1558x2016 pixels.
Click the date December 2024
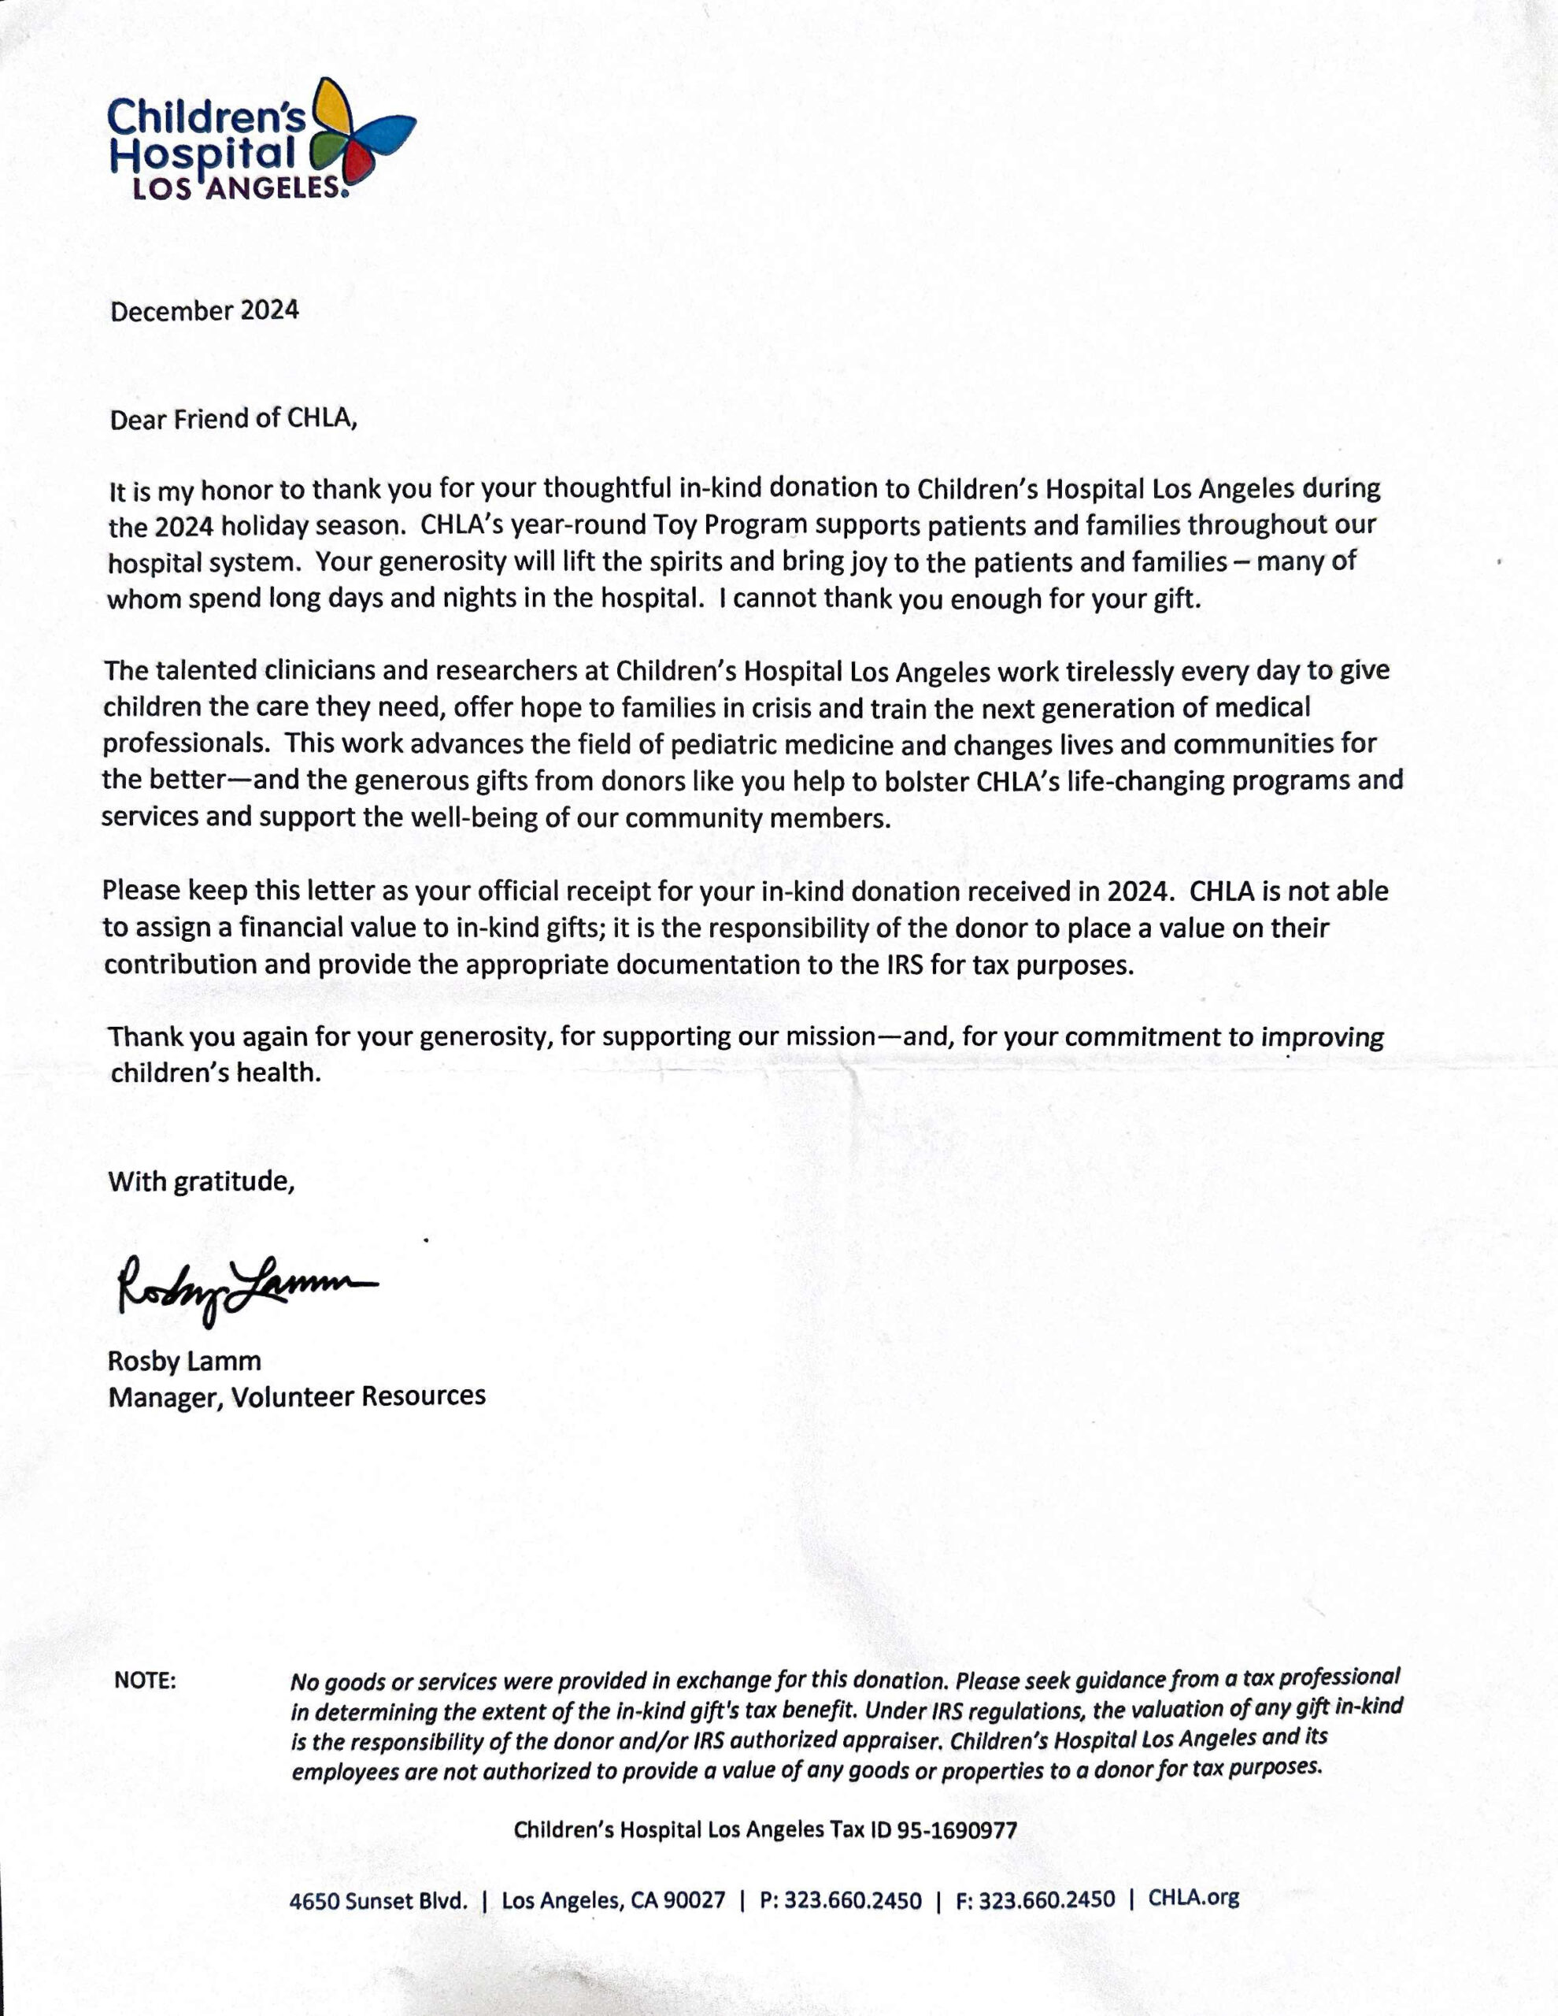coord(204,310)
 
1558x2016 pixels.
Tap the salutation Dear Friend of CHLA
coord(232,419)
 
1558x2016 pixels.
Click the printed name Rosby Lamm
coord(184,1361)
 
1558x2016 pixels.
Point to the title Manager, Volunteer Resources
coord(296,1395)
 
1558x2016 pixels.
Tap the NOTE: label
coord(145,1680)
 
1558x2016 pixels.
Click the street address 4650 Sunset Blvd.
coord(379,1900)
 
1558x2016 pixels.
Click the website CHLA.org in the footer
coord(1193,1898)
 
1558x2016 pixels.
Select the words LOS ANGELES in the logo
coord(238,188)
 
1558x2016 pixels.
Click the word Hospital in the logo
coord(203,154)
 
